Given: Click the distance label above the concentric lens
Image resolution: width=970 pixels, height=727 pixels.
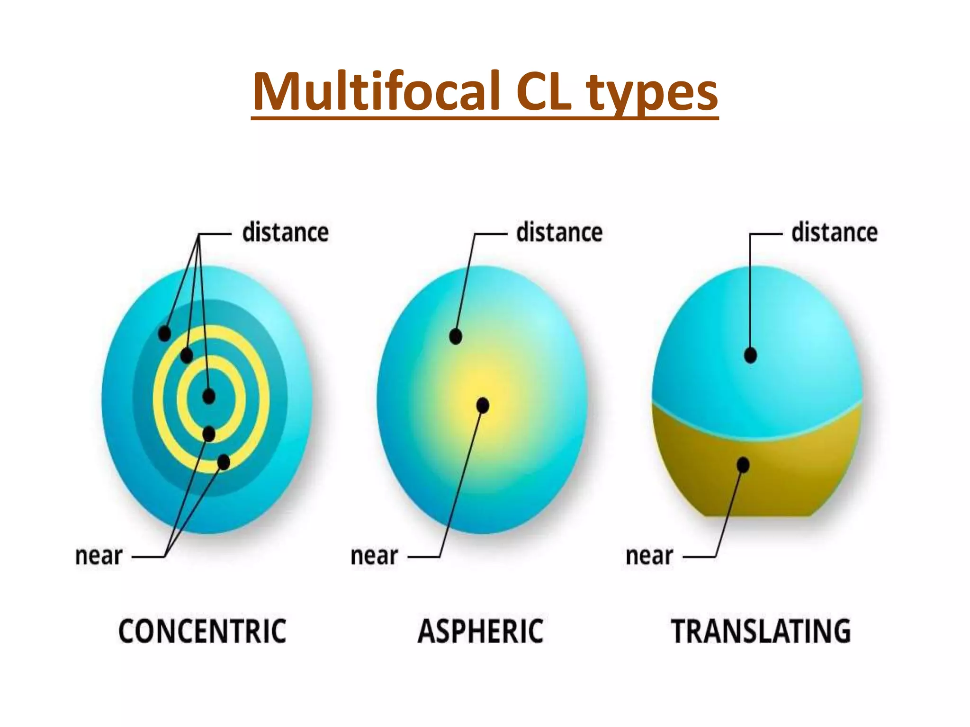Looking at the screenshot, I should [x=285, y=232].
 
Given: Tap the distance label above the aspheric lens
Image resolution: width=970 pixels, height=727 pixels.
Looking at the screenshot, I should [x=559, y=232].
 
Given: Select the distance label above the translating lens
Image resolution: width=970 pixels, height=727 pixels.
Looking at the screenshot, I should [x=834, y=232].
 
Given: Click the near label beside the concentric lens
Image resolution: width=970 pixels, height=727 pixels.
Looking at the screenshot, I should [x=99, y=556].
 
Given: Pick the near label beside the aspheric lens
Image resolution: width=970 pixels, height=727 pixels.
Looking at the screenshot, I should [x=374, y=556].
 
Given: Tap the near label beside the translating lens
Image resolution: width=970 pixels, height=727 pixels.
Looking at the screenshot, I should [x=649, y=556].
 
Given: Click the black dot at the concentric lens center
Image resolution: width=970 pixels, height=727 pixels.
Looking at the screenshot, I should [x=209, y=396].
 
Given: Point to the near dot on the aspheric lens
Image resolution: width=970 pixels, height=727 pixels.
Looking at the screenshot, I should [x=483, y=406].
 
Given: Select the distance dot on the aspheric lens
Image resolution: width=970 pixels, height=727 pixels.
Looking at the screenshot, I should [x=456, y=337].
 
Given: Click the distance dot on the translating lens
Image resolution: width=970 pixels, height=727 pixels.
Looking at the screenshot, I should [x=750, y=355].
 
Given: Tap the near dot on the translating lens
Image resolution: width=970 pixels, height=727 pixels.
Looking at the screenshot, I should [x=743, y=465].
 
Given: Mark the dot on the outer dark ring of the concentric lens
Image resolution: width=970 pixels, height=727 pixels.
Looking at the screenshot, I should [x=164, y=333].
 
